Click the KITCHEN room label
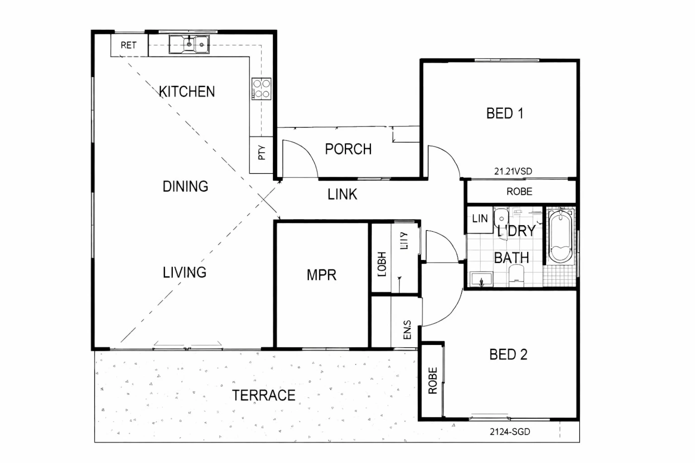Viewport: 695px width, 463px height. (187, 92)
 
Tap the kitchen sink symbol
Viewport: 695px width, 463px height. (189, 44)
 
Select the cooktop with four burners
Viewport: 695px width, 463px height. (262, 89)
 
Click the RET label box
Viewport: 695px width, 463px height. (129, 45)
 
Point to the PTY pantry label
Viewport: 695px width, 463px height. (262, 153)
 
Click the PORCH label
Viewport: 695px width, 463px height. (348, 149)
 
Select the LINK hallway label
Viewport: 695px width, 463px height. (342, 195)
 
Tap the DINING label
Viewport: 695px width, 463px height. (185, 187)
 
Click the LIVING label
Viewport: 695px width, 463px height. (184, 272)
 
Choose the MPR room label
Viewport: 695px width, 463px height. (321, 275)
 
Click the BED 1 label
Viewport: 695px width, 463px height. (504, 114)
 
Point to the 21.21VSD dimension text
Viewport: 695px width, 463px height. (513, 171)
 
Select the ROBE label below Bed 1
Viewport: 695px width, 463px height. (519, 192)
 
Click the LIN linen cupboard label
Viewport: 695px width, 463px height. (480, 218)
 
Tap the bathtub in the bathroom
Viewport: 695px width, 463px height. (560, 236)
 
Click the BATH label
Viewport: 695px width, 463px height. (511, 258)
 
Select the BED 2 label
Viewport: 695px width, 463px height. (508, 355)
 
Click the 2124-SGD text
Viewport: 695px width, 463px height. (510, 432)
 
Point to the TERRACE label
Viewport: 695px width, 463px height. (264, 396)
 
